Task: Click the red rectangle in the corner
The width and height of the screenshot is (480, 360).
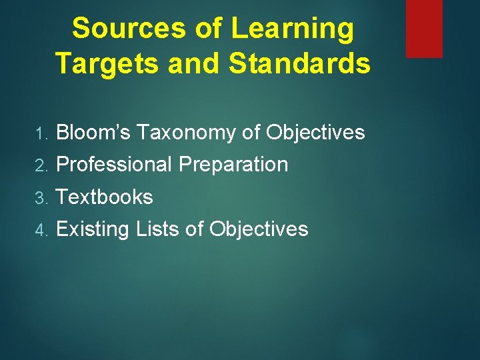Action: click(424, 28)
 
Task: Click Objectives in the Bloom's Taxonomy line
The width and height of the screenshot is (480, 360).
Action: click(315, 133)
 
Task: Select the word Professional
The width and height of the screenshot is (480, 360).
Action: click(114, 165)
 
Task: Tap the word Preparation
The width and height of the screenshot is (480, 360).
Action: click(233, 165)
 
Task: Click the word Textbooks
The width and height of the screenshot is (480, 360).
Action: click(105, 197)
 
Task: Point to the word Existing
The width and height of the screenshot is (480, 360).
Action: click(93, 229)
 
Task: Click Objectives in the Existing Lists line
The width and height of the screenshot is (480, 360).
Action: click(259, 229)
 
